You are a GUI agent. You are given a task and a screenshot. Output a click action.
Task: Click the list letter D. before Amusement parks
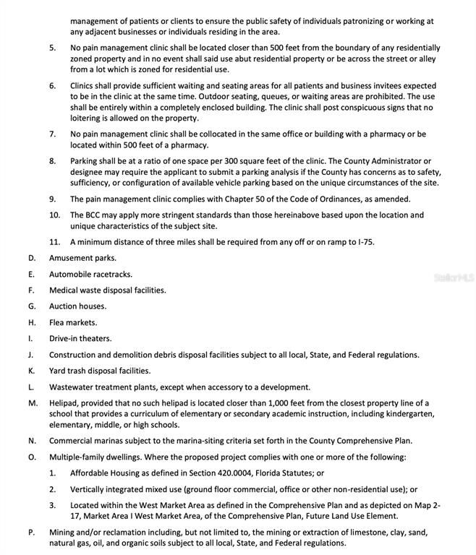tap(31, 258)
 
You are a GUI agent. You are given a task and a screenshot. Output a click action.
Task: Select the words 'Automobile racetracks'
tap(90, 275)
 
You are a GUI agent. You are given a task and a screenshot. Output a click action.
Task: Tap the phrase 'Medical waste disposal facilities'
tap(107, 291)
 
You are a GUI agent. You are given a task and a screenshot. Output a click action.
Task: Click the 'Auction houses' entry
tap(77, 306)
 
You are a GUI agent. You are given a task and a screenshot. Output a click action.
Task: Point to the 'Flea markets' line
tap(72, 322)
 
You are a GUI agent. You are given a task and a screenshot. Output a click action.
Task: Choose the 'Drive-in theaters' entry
tap(80, 338)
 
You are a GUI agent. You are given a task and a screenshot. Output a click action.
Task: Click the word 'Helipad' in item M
tap(64, 403)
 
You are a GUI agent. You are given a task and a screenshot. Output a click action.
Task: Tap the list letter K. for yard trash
tap(31, 371)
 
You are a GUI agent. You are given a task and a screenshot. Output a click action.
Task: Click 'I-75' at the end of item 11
tap(367, 242)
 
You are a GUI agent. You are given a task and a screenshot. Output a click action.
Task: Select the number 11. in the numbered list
tap(54, 242)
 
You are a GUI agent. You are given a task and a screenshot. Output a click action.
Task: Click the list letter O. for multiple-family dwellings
tap(32, 457)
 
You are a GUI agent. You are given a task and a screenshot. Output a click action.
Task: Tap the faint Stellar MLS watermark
tap(453, 277)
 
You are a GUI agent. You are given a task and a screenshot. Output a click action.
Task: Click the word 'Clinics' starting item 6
tap(84, 85)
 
